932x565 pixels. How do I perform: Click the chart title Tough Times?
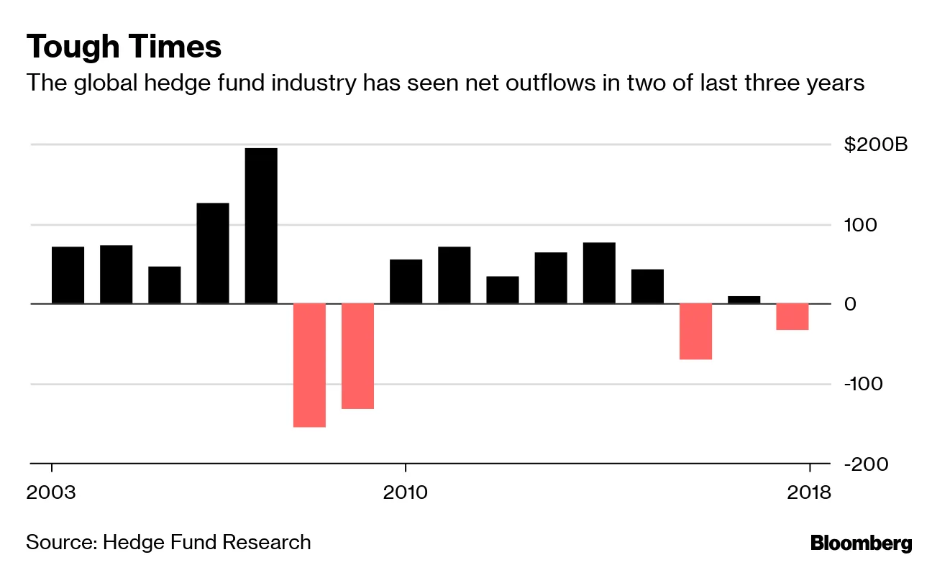pos(123,47)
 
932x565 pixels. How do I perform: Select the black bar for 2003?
pos(68,275)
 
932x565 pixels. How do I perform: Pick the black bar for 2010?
pos(406,282)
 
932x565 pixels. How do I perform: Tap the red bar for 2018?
pos(792,316)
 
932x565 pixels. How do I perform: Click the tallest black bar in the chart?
pos(261,226)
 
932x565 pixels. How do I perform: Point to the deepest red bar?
pos(309,365)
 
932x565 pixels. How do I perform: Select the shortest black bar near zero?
pos(744,300)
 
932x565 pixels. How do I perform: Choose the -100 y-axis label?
pos(862,384)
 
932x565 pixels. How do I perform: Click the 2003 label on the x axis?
pos(51,492)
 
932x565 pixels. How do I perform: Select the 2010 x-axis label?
pos(406,492)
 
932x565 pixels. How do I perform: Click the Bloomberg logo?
pos(861,543)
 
